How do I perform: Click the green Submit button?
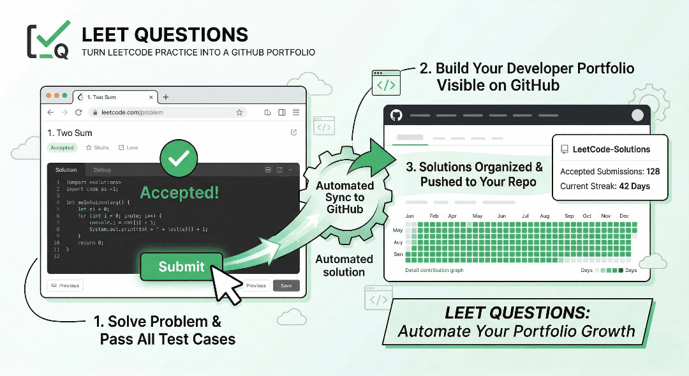pyautogui.click(x=181, y=267)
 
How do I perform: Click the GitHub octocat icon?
pyautogui.click(x=396, y=116)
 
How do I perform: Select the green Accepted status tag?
pyautogui.click(x=62, y=147)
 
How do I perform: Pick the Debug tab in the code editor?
pyautogui.click(x=102, y=170)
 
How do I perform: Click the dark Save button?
pyautogui.click(x=286, y=285)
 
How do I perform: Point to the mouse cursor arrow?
pyautogui.click(x=225, y=281)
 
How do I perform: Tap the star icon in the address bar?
pyautogui.click(x=239, y=112)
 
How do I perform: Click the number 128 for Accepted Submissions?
pyautogui.click(x=652, y=171)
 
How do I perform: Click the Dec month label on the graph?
pyautogui.click(x=625, y=216)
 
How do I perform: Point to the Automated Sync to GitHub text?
pyautogui.click(x=344, y=197)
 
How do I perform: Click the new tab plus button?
pyautogui.click(x=166, y=97)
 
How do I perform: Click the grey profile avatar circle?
pyautogui.click(x=637, y=116)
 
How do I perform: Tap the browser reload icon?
pyautogui.click(x=78, y=112)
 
